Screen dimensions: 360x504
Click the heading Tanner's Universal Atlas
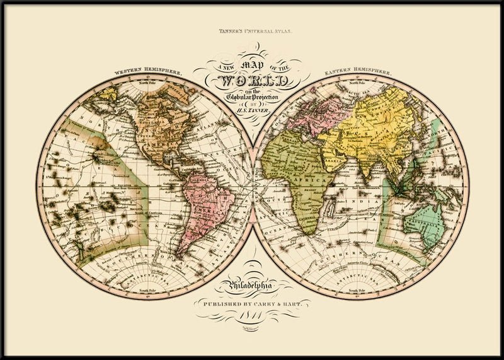pos(252,30)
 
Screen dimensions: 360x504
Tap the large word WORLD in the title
pos(252,81)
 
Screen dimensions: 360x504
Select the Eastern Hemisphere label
pos(357,73)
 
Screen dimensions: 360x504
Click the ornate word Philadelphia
pos(252,287)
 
